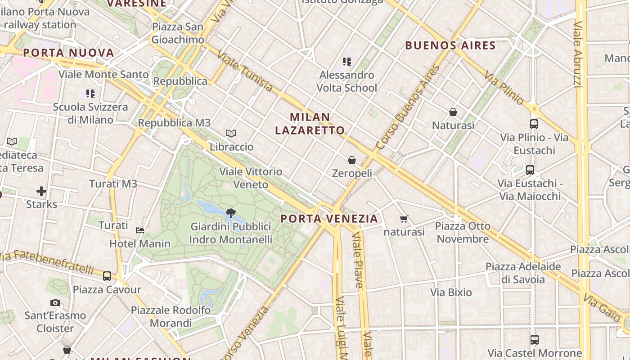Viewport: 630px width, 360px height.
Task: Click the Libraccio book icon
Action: click(x=231, y=134)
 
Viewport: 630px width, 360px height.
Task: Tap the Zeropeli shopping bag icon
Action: click(x=352, y=160)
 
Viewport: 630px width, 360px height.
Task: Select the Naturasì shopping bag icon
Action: click(x=453, y=112)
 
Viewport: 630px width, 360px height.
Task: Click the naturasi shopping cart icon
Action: click(x=404, y=219)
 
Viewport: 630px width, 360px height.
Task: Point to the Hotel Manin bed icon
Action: click(x=140, y=230)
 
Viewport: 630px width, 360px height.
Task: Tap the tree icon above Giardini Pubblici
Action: click(x=231, y=213)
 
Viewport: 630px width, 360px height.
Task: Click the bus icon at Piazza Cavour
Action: click(x=107, y=276)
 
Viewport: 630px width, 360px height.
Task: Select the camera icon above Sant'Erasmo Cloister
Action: click(x=55, y=302)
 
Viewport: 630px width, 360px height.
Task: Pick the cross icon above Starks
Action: click(x=41, y=191)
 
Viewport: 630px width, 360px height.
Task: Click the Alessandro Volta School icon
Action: click(x=346, y=61)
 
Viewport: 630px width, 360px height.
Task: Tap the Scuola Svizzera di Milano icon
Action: click(x=90, y=94)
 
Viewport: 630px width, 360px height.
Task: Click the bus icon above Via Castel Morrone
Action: click(x=535, y=340)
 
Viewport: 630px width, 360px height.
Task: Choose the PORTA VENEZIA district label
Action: click(x=329, y=219)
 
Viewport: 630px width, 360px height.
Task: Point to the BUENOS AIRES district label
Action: click(x=450, y=45)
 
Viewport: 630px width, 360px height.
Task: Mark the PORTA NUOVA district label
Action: click(x=68, y=53)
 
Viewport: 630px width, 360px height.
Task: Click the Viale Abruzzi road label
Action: click(x=578, y=54)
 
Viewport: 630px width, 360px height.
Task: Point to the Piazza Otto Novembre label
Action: click(x=463, y=232)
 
